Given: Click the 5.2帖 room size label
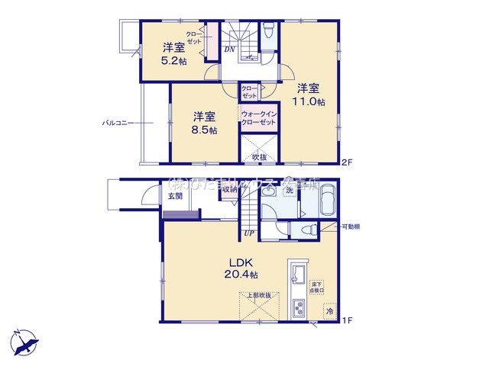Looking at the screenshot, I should point(173,62).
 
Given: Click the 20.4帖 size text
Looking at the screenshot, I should point(241,274).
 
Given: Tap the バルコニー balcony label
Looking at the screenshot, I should point(118,122).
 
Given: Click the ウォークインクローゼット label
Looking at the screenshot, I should point(258,118).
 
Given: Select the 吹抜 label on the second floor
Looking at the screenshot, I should point(259,157).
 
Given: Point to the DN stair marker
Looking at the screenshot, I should point(229,50).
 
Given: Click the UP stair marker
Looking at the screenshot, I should point(249,233).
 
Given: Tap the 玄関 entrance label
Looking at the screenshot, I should point(175,196).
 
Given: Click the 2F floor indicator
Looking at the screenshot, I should point(347,162).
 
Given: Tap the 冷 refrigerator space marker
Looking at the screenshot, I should point(330,312).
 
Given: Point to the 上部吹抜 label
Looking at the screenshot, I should point(258,295).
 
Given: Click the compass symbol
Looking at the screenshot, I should point(24,341).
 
